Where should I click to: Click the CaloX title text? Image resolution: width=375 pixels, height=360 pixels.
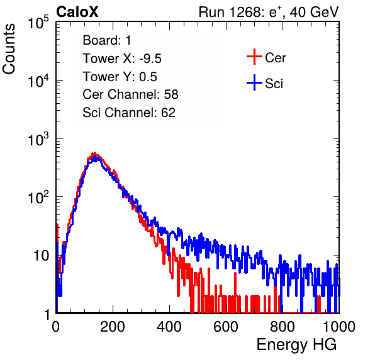pyautogui.click(x=77, y=12)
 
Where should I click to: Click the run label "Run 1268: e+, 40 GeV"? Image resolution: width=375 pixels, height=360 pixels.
pyautogui.click(x=269, y=12)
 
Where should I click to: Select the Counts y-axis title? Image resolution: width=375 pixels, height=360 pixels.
pyautogui.click(x=9, y=49)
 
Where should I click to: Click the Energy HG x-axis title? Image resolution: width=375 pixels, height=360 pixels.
pyautogui.click(x=296, y=344)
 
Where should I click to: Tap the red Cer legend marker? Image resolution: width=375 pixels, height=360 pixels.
pyautogui.click(x=254, y=57)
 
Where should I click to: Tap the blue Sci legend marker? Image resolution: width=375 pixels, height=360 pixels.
pyautogui.click(x=254, y=82)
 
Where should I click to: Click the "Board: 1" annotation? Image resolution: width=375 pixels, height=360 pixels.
pyautogui.click(x=107, y=40)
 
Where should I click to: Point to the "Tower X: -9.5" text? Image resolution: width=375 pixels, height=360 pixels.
pyautogui.click(x=122, y=59)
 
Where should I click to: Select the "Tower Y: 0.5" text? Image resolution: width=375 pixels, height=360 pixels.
pyautogui.click(x=120, y=77)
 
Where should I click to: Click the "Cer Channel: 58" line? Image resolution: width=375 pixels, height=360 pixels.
pyautogui.click(x=130, y=94)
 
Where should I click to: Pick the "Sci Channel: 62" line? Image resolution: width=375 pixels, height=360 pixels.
pyautogui.click(x=129, y=113)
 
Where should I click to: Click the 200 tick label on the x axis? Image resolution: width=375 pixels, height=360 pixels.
pyautogui.click(x=113, y=327)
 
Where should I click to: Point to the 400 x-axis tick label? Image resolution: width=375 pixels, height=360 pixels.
pyautogui.click(x=169, y=327)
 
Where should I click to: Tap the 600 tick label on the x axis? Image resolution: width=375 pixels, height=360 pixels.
pyautogui.click(x=226, y=327)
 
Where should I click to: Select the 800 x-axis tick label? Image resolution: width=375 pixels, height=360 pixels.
pyautogui.click(x=283, y=327)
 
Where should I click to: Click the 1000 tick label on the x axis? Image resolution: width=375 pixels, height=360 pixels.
pyautogui.click(x=339, y=327)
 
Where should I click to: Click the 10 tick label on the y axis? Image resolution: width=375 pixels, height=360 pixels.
pyautogui.click(x=41, y=256)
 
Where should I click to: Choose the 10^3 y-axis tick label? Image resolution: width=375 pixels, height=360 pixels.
pyautogui.click(x=38, y=138)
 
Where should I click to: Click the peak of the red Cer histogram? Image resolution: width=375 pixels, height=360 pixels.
pyautogui.click(x=94, y=153)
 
